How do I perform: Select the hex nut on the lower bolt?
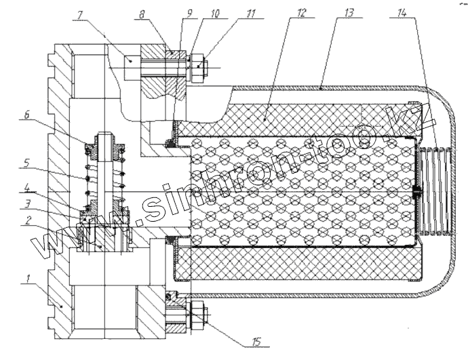[197, 313]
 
